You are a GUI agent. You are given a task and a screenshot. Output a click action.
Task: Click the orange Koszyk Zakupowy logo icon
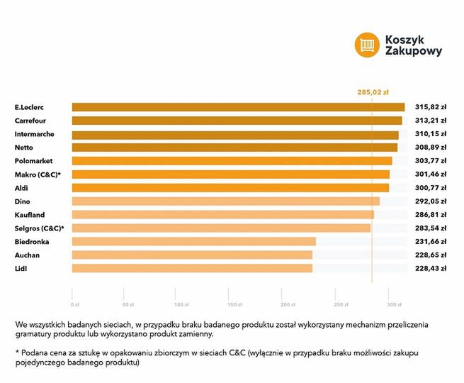pyautogui.click(x=367, y=44)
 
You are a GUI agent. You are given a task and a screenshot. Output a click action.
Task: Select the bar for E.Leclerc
pyautogui.click(x=238, y=107)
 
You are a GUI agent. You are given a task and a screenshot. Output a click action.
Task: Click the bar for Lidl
pyautogui.click(x=192, y=268)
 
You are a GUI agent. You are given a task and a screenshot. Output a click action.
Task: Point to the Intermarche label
pyautogui.click(x=34, y=134)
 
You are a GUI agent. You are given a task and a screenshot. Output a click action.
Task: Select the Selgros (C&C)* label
pyautogui.click(x=39, y=228)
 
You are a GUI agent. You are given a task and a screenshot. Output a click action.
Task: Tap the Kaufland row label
pyautogui.click(x=30, y=215)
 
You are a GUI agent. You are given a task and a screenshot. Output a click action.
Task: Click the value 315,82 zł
pyautogui.click(x=430, y=107)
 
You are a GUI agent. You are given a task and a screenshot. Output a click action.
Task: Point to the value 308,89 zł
pyautogui.click(x=430, y=148)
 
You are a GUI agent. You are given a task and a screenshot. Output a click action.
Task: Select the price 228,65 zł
pyautogui.click(x=430, y=255)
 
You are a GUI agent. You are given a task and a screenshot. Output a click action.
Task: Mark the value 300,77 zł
pyautogui.click(x=430, y=188)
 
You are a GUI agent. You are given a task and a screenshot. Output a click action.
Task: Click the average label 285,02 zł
pyautogui.click(x=373, y=91)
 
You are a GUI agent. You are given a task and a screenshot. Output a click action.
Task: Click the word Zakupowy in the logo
pyautogui.click(x=414, y=51)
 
